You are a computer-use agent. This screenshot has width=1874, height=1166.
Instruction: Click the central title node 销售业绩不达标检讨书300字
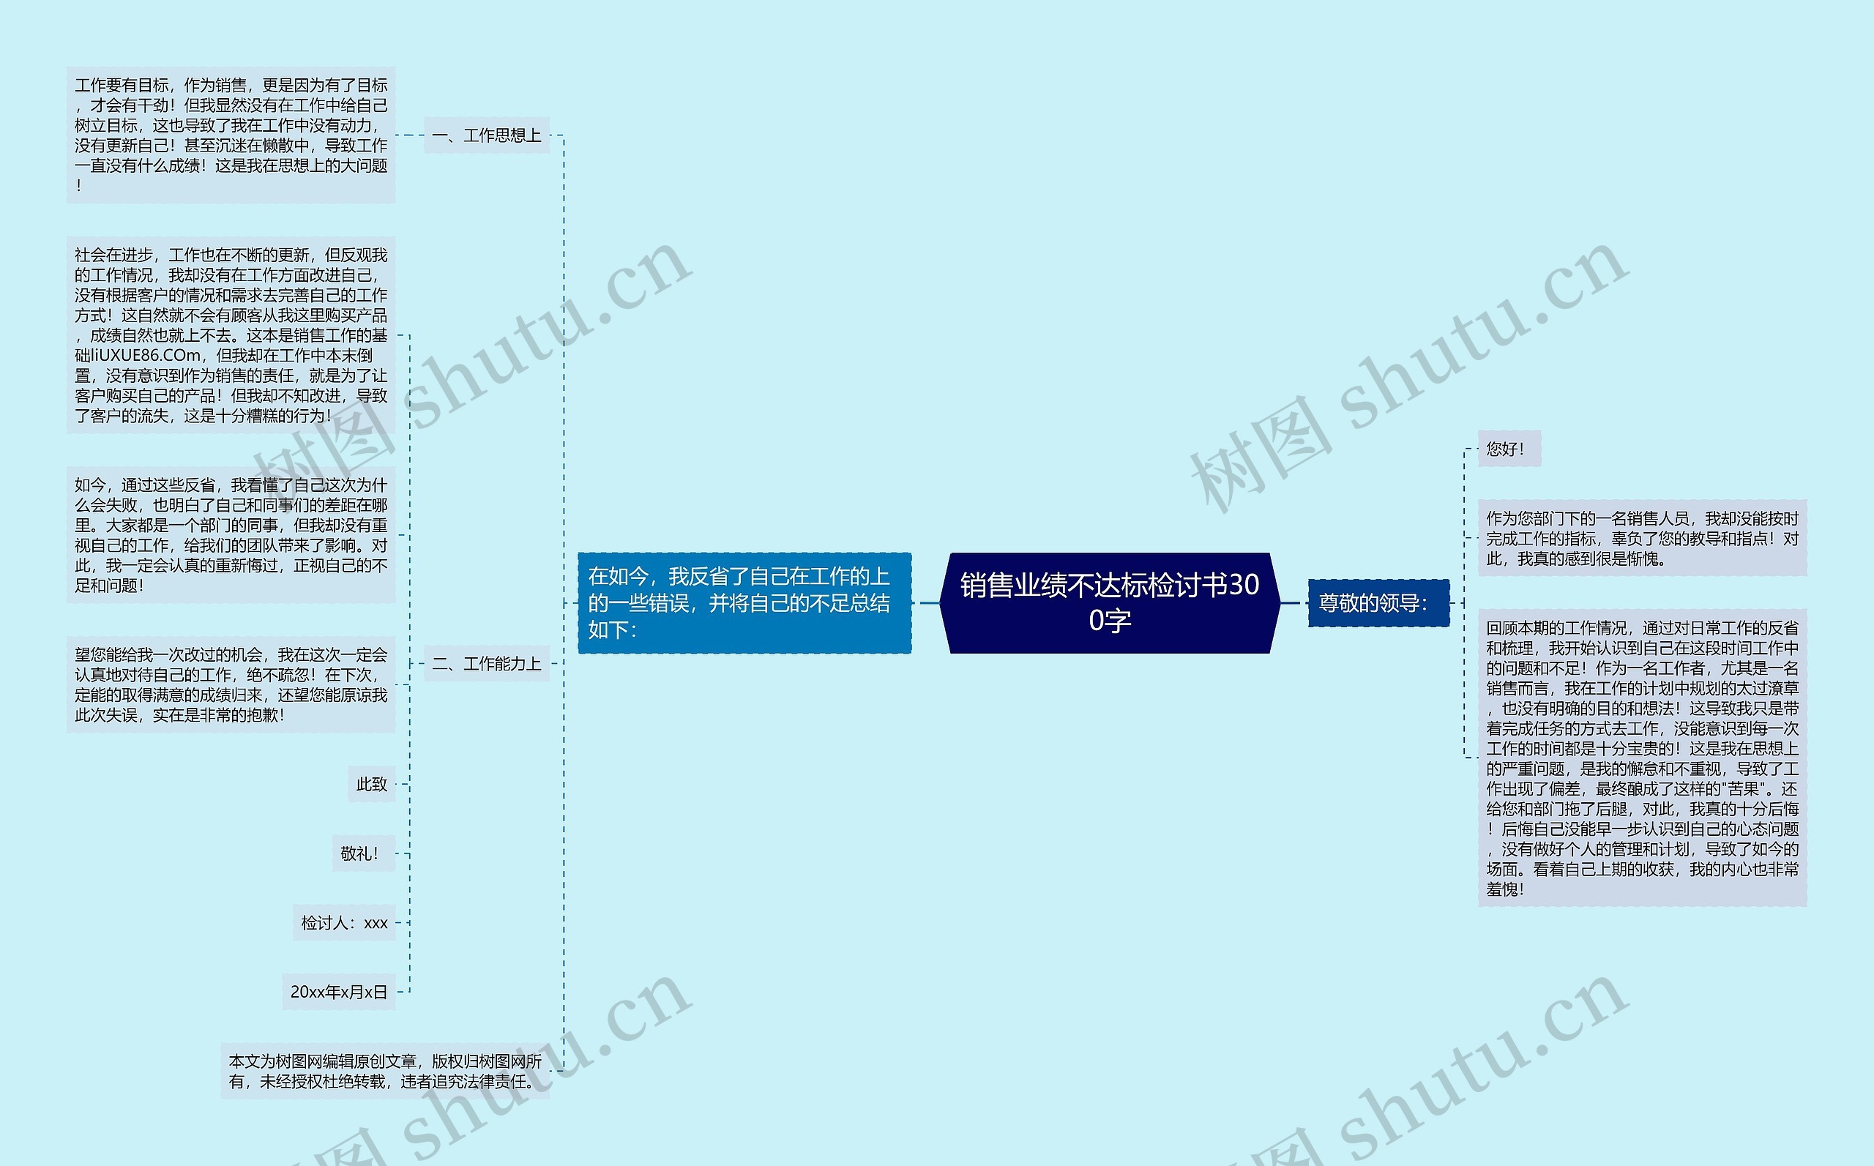(1109, 602)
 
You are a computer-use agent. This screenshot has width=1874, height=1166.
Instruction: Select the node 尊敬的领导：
(1378, 602)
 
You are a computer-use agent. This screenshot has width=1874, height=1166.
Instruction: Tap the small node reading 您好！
(1509, 448)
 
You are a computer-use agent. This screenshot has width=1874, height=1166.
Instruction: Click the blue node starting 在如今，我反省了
(744, 602)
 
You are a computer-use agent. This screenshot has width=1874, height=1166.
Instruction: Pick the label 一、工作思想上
(487, 135)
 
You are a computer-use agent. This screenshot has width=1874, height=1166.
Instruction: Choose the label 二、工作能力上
(487, 663)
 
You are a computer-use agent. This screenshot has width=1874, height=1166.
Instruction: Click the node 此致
(372, 783)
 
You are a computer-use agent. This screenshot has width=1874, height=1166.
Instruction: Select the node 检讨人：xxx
(344, 922)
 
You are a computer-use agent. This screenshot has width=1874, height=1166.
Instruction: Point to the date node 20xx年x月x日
(338, 992)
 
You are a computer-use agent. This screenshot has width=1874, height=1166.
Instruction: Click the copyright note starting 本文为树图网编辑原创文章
(385, 1071)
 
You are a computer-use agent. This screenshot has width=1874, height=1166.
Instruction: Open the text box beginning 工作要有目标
(231, 135)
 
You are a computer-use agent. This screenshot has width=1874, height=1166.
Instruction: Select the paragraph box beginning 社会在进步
(231, 335)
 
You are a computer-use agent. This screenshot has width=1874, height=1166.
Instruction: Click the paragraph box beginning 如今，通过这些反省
(231, 534)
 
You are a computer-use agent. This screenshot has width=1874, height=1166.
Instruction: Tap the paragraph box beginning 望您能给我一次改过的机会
(231, 684)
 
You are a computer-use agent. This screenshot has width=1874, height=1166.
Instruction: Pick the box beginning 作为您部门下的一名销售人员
(1642, 537)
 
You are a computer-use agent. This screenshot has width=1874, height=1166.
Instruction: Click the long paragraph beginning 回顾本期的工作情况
(1642, 758)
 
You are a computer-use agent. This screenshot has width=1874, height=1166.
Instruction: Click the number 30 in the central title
(1242, 586)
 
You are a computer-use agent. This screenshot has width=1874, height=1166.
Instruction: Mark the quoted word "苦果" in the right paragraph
(1728, 789)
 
